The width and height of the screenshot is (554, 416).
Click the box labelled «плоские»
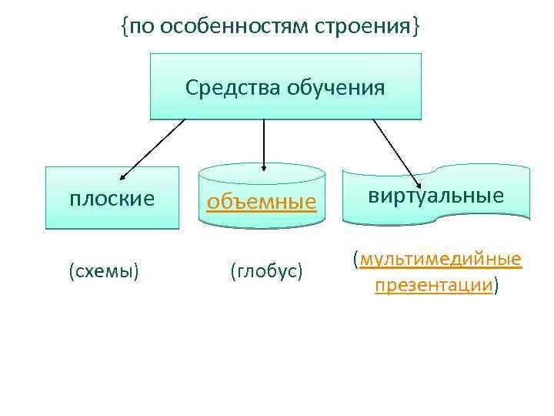(x=112, y=199)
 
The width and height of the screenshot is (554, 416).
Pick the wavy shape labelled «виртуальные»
(x=436, y=196)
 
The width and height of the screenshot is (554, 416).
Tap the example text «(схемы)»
(x=104, y=271)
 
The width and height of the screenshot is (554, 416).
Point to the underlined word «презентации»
(x=434, y=286)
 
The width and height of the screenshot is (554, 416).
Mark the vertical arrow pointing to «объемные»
(x=264, y=143)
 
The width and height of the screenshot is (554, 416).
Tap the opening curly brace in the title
(x=124, y=28)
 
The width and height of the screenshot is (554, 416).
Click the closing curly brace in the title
(x=416, y=28)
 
